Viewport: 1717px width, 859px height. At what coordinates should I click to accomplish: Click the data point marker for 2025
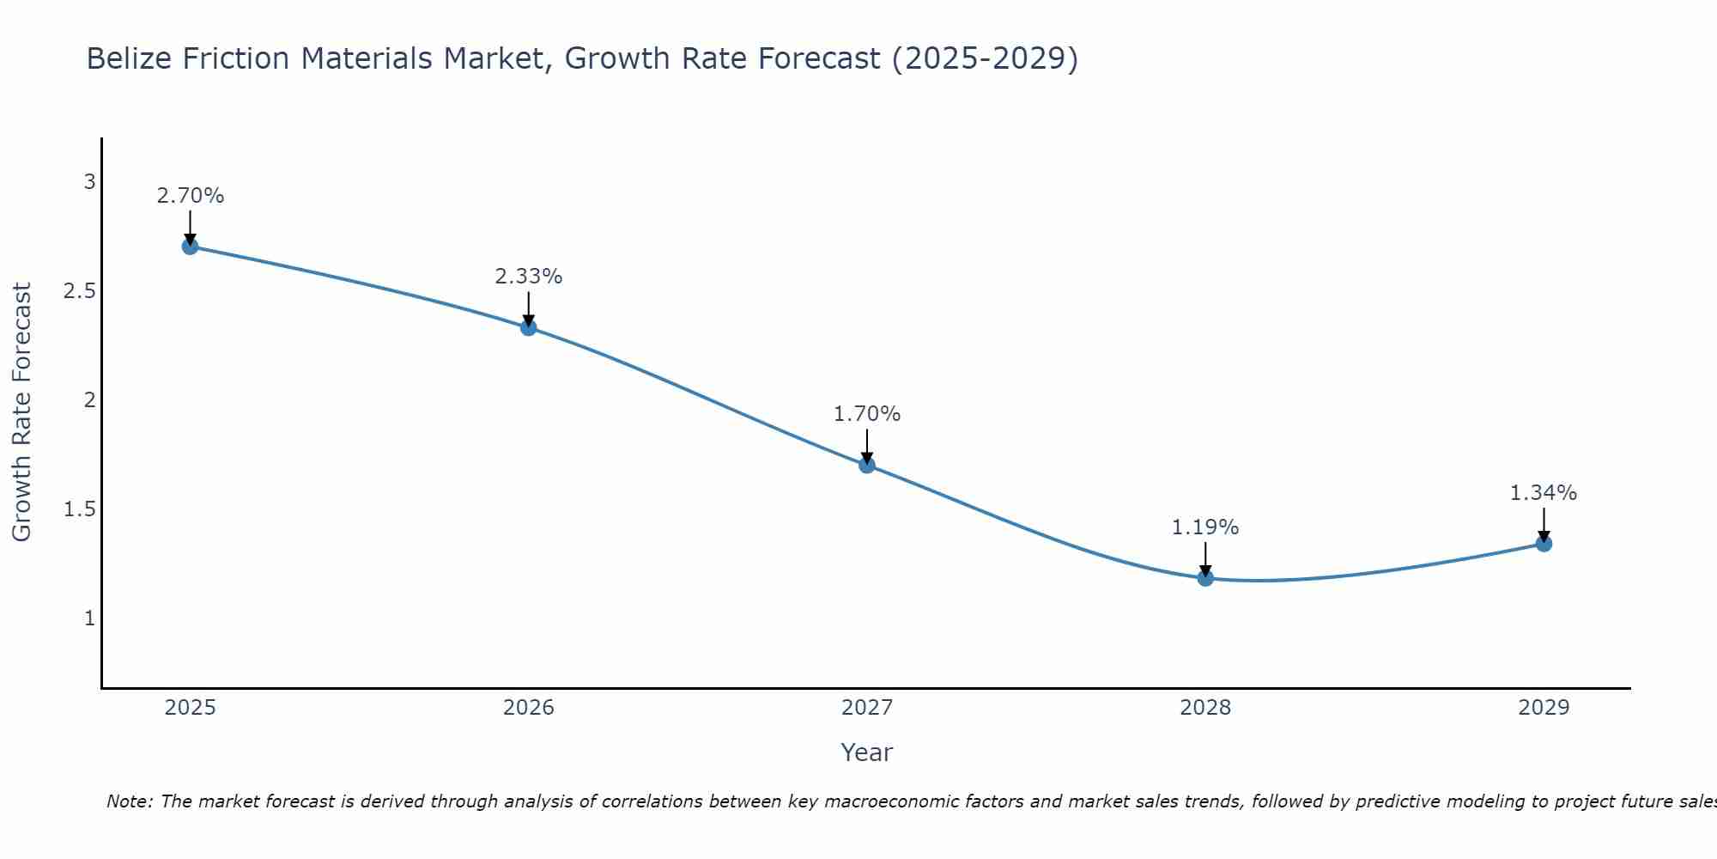click(x=191, y=247)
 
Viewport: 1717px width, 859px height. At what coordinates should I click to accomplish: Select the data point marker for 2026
click(x=529, y=327)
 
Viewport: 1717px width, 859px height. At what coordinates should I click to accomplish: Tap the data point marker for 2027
click(x=867, y=465)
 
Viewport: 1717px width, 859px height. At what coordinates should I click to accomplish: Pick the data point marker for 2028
click(x=1205, y=578)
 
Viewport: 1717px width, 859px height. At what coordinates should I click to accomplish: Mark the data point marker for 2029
click(x=1544, y=543)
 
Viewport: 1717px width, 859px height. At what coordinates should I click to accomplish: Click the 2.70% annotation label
click(x=191, y=196)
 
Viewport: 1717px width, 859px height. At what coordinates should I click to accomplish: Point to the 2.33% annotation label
click(x=529, y=277)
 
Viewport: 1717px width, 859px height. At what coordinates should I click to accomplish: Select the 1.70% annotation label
click(x=867, y=414)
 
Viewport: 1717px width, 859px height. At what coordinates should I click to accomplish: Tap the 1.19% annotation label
click(x=1205, y=527)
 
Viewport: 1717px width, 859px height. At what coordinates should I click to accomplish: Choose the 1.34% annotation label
click(x=1544, y=493)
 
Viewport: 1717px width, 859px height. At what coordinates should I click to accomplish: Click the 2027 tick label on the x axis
click(x=867, y=708)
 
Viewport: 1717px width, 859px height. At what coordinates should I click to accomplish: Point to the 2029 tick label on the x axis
click(x=1544, y=708)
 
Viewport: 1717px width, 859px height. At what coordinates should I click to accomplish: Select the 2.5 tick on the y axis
click(x=80, y=291)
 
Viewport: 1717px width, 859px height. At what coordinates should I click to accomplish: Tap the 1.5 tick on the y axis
click(x=80, y=509)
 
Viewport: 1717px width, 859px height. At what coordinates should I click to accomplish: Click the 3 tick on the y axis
click(x=89, y=182)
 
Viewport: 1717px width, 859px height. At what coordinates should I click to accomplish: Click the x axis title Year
click(x=867, y=752)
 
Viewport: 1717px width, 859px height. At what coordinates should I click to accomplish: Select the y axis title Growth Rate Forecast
click(x=22, y=412)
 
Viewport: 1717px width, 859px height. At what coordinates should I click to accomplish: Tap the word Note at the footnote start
click(x=129, y=801)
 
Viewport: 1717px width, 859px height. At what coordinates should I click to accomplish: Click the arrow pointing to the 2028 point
click(x=1205, y=559)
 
